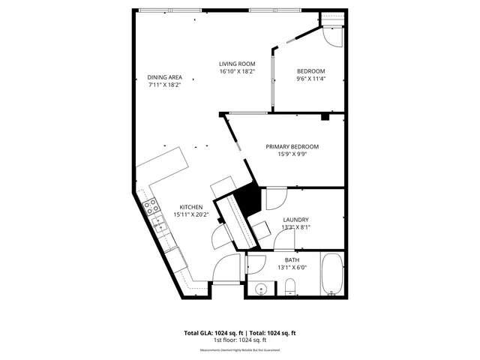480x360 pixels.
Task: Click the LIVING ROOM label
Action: pos(237,64)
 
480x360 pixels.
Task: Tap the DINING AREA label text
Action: pos(164,77)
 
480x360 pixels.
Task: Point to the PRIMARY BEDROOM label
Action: pos(292,146)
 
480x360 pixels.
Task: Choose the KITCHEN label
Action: pos(190,206)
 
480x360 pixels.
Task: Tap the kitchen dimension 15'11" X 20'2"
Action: pos(190,214)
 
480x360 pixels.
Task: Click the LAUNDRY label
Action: pos(295,220)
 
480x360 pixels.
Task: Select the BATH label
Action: pos(292,259)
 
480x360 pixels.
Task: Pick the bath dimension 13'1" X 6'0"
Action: pos(292,268)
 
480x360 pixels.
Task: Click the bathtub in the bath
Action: pos(331,275)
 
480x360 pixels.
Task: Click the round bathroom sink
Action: pos(262,288)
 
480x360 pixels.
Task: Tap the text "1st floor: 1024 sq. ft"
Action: pos(240,340)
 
